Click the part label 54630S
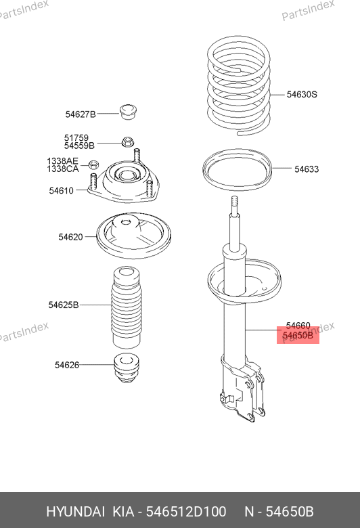pos(302,94)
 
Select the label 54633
pos(307,169)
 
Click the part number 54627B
pos(81,114)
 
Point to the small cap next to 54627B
pos(129,112)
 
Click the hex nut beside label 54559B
pos(127,141)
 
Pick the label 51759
pos(76,138)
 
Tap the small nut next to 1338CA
pos(93,164)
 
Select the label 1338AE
pos(62,161)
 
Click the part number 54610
pos(62,191)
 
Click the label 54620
pos(70,237)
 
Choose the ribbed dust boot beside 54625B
pos(127,308)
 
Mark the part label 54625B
pos(64,305)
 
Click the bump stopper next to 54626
pos(127,368)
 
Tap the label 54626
pos(67,365)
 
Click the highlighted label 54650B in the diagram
pos(298,336)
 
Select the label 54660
pos(298,326)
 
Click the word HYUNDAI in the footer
pos(75,512)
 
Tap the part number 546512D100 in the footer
pos(186,512)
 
